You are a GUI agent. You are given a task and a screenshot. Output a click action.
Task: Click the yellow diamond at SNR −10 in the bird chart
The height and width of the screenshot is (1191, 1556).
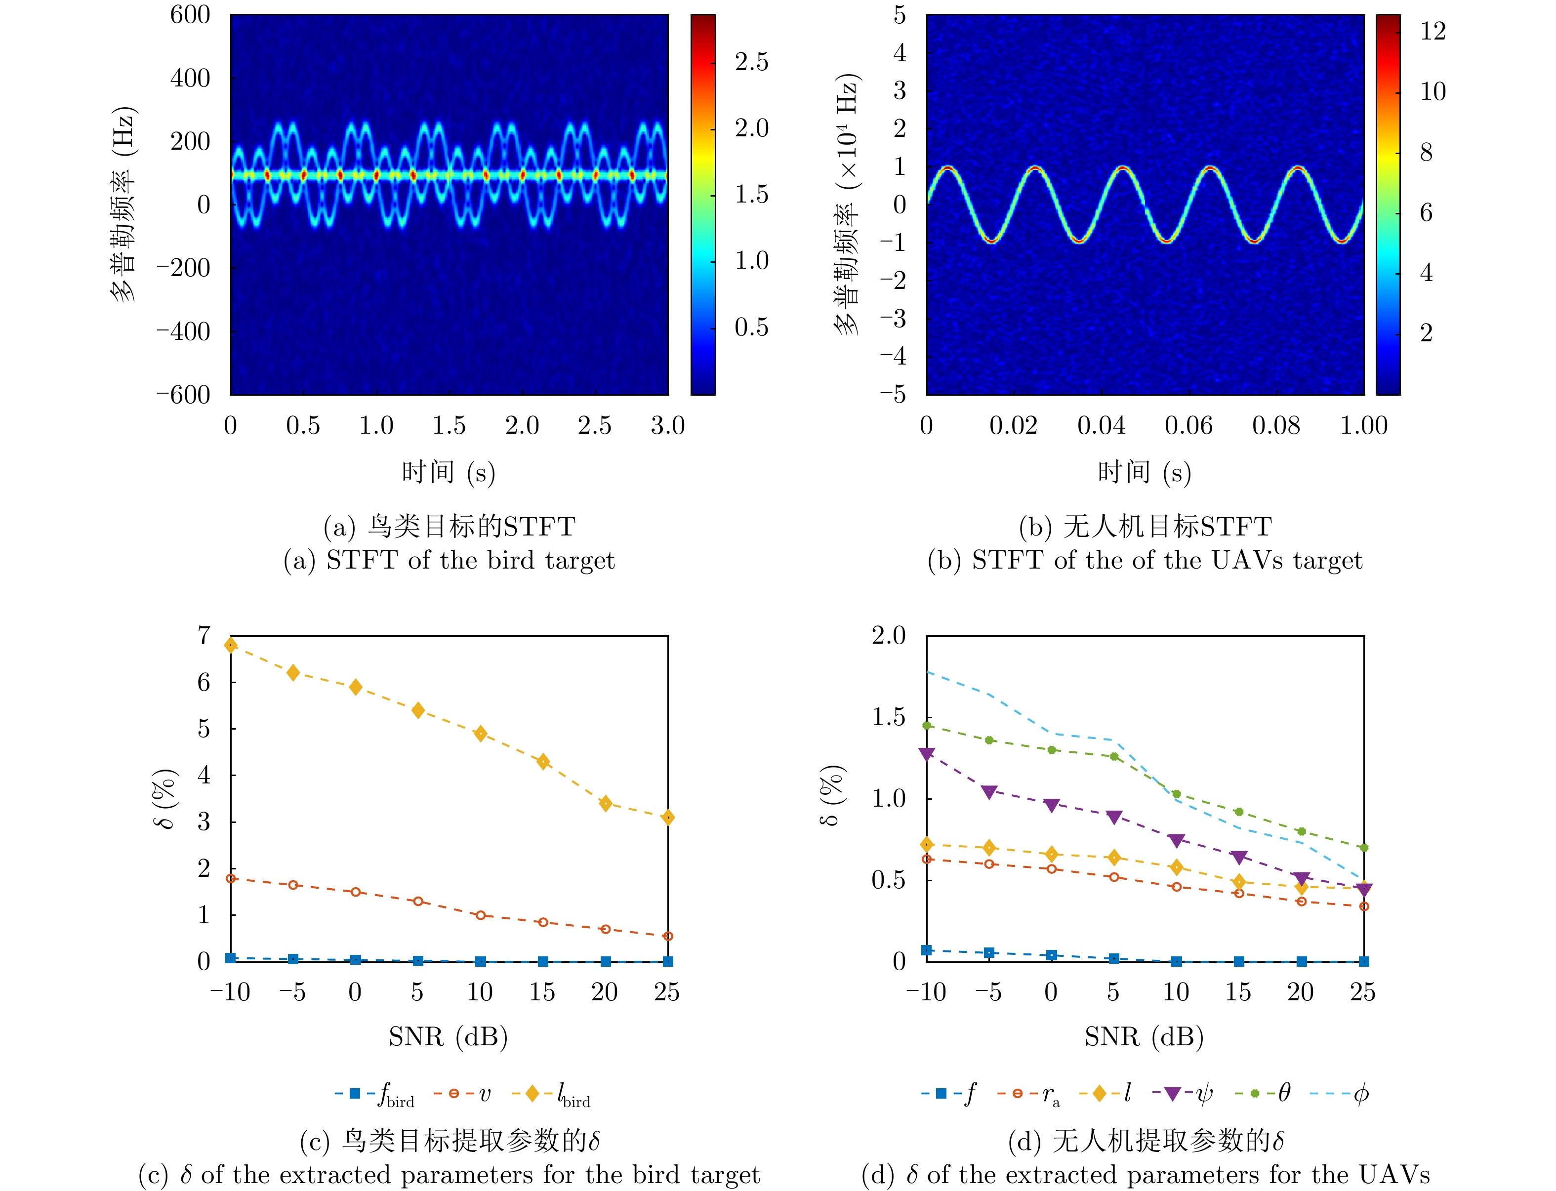(x=230, y=645)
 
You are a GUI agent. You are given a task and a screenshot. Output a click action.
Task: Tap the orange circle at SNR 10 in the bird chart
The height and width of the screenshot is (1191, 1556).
(x=481, y=915)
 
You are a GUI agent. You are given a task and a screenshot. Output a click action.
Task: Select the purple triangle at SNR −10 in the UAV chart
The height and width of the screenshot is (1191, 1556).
(x=927, y=754)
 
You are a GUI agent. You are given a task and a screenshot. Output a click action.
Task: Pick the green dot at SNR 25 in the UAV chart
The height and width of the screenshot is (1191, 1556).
(x=1364, y=848)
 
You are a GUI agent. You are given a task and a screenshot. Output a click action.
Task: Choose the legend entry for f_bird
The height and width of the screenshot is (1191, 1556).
(x=376, y=1094)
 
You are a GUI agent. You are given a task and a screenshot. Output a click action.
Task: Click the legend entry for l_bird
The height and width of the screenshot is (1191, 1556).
(x=551, y=1094)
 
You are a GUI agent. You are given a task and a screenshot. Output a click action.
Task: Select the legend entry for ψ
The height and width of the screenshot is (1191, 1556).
(x=1183, y=1094)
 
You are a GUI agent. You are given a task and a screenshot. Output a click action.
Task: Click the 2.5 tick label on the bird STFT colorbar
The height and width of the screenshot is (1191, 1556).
(x=751, y=62)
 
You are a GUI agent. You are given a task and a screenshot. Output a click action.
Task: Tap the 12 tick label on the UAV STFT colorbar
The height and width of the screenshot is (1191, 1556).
(x=1433, y=31)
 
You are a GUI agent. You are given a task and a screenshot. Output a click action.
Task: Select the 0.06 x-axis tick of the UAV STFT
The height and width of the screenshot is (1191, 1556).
(x=1189, y=425)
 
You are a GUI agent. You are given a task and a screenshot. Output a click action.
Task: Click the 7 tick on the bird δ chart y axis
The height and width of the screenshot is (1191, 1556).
(x=204, y=635)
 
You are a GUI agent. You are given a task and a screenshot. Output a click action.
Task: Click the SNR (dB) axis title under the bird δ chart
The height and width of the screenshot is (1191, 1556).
(x=448, y=1037)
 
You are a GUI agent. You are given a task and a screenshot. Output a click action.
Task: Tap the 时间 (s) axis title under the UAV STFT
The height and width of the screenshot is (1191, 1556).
(x=1144, y=472)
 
